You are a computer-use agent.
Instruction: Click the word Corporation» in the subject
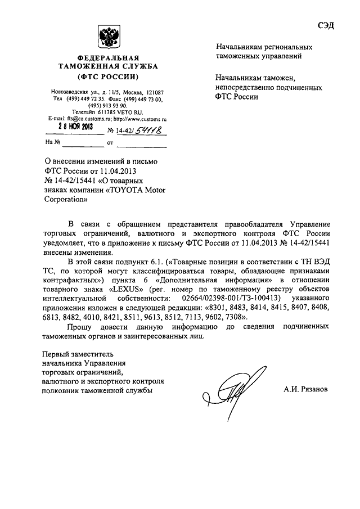[x=66, y=200]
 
